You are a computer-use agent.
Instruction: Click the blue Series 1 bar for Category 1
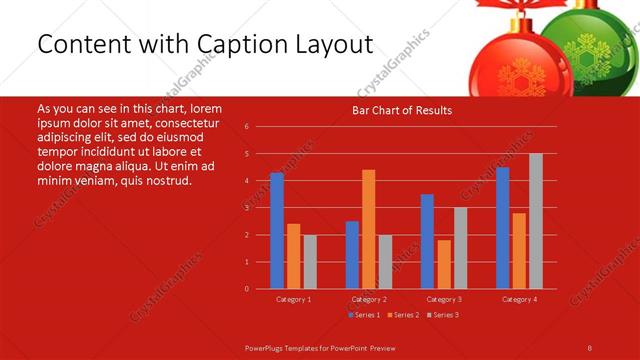[x=277, y=231]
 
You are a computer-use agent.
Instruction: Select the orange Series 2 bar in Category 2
[x=369, y=229]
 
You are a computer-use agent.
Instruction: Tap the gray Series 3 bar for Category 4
[x=535, y=221]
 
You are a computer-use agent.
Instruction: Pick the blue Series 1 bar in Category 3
[x=427, y=241]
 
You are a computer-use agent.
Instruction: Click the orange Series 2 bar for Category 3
[x=444, y=264]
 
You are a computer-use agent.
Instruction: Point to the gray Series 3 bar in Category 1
[x=310, y=262]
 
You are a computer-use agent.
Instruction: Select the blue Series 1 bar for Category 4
[x=502, y=228]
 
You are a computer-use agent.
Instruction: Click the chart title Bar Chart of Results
[x=402, y=110]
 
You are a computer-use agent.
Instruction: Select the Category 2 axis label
[x=369, y=299]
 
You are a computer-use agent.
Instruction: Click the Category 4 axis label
[x=518, y=299]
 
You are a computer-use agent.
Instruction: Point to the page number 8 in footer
[x=590, y=346]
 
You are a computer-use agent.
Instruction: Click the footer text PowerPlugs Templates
[x=293, y=346]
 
